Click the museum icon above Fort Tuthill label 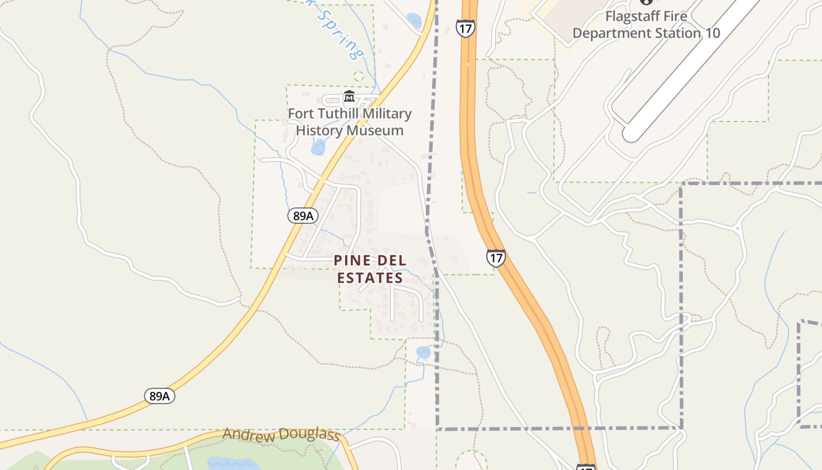tap(349, 96)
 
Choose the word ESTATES tap(370, 278)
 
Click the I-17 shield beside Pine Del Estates tap(496, 257)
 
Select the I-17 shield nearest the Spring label tap(464, 28)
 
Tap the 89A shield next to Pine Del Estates tap(302, 216)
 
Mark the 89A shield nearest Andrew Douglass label tap(159, 396)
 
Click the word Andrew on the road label tap(249, 435)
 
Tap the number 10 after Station tap(712, 33)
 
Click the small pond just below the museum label tap(318, 147)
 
